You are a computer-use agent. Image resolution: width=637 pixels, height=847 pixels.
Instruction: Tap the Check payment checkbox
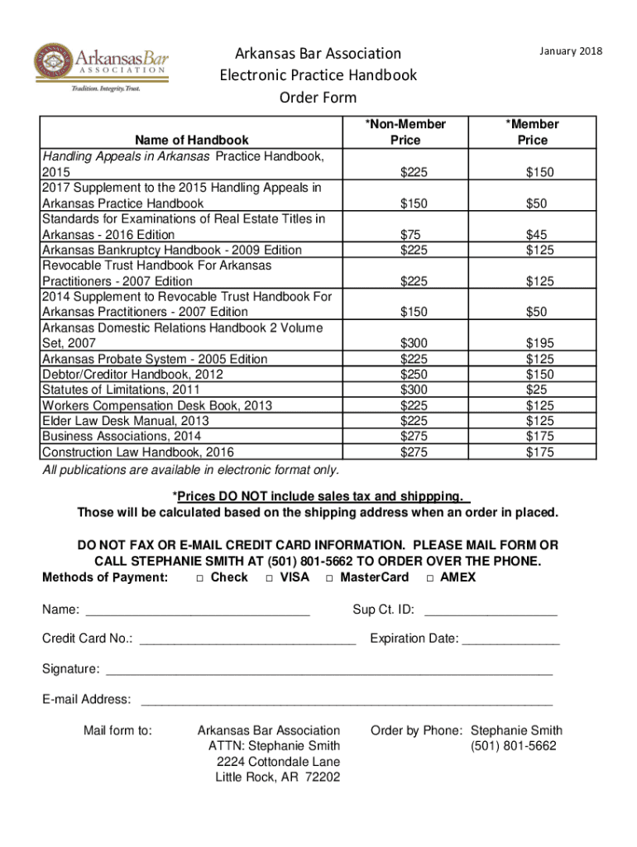tap(200, 577)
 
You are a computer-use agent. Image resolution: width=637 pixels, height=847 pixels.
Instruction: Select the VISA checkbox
tap(269, 577)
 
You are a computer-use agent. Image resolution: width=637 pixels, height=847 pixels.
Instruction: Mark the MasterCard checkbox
tap(329, 577)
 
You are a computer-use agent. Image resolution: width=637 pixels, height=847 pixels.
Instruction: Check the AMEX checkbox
tap(429, 577)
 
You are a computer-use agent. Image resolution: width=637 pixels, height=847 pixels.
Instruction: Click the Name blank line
tap(198, 614)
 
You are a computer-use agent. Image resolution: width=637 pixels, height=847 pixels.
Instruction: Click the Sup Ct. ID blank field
tap(491, 614)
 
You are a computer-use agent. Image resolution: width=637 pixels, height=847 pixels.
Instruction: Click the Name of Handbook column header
tap(185, 140)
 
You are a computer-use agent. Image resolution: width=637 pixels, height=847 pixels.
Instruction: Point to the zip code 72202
tap(322, 778)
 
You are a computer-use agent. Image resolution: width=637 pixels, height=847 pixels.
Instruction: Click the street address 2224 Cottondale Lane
tap(278, 762)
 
